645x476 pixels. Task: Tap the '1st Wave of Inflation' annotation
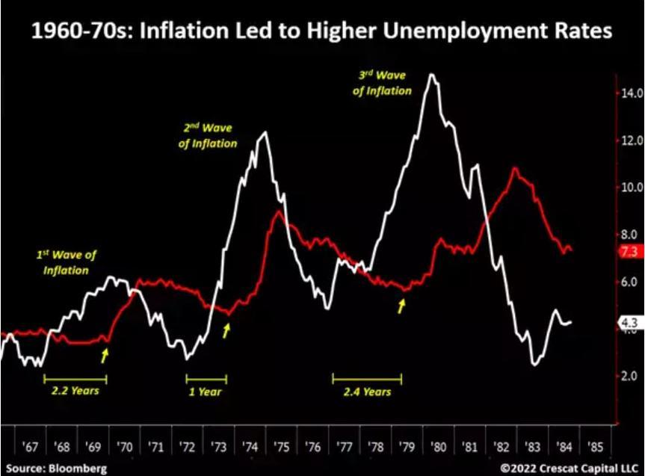pos(67,262)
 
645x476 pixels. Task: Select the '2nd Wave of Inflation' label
pos(208,136)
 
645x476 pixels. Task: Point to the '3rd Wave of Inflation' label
pos(382,84)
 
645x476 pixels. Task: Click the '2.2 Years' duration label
pos(75,390)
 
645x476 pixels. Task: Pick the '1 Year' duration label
pos(205,391)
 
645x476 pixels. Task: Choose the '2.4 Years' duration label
pos(367,391)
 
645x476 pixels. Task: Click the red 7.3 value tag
pos(628,253)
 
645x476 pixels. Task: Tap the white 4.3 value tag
pos(628,324)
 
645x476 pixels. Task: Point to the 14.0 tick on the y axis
pos(630,94)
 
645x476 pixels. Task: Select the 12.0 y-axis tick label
pos(630,141)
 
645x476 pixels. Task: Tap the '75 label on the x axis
pos(281,447)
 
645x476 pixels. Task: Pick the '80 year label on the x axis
pos(439,447)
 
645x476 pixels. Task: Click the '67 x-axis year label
pos(30,447)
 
